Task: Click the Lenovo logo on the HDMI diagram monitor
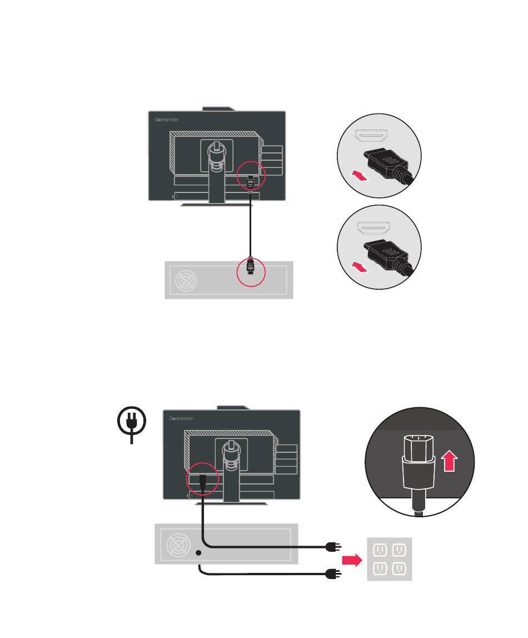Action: (165, 119)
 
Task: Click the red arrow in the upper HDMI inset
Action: (360, 177)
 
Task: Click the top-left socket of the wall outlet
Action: (380, 551)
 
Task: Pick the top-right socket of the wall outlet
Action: (399, 551)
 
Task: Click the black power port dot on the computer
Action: (199, 552)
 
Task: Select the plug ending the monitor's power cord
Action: (333, 547)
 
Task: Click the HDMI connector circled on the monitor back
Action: (250, 180)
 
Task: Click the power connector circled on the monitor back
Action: (201, 480)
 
